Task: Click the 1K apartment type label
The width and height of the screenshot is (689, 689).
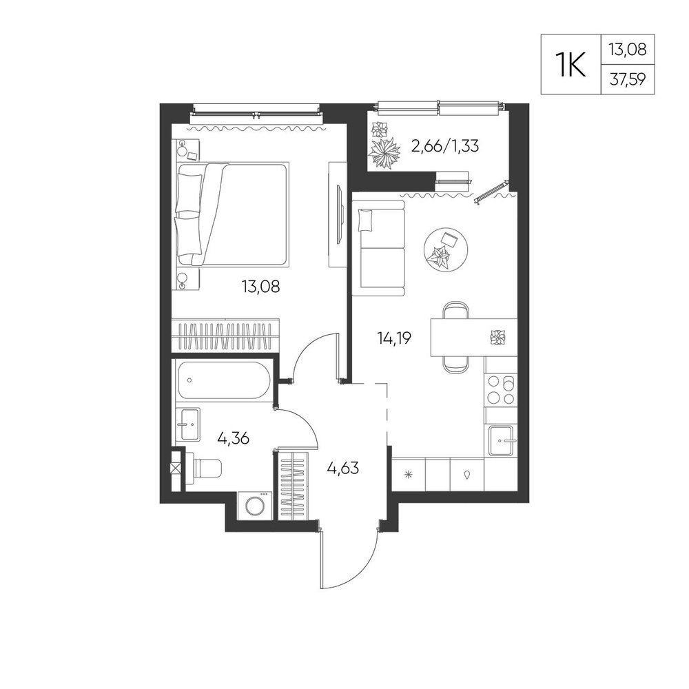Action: (x=571, y=65)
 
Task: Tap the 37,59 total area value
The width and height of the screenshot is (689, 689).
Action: (x=627, y=81)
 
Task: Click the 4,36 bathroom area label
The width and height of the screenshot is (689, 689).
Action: (x=234, y=438)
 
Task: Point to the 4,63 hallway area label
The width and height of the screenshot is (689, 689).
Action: (x=342, y=468)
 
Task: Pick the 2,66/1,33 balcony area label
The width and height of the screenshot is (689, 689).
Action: (x=444, y=145)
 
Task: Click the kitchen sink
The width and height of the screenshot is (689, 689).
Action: (x=502, y=440)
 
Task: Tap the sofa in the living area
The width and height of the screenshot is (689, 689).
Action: (x=378, y=249)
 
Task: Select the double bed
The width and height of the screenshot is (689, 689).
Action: (x=233, y=214)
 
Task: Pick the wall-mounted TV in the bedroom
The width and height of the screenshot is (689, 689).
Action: (x=339, y=214)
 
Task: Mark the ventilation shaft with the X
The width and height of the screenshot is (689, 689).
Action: (x=175, y=469)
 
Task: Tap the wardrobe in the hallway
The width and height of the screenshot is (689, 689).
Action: (x=294, y=484)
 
